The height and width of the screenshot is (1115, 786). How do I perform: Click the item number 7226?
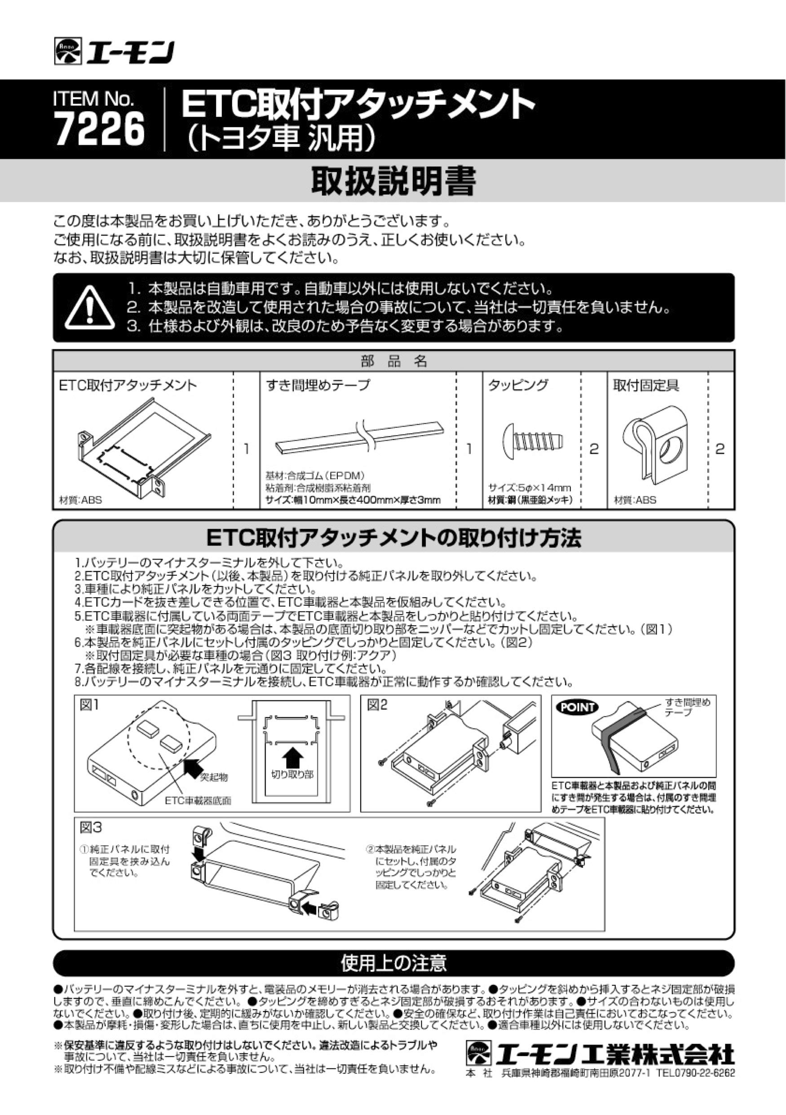point(100,129)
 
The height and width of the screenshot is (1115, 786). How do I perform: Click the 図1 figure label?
point(89,705)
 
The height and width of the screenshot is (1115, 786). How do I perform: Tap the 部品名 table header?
point(393,361)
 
